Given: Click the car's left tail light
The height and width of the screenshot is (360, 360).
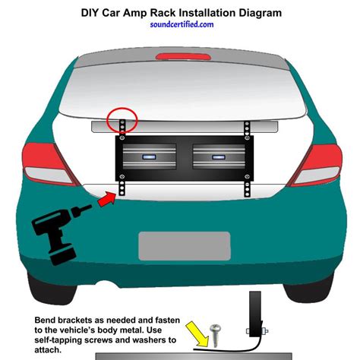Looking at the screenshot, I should coord(43,163).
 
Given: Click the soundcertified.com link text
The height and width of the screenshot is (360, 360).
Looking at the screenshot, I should coord(180,24).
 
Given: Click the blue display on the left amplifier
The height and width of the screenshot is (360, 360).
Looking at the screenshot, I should coord(147,156).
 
